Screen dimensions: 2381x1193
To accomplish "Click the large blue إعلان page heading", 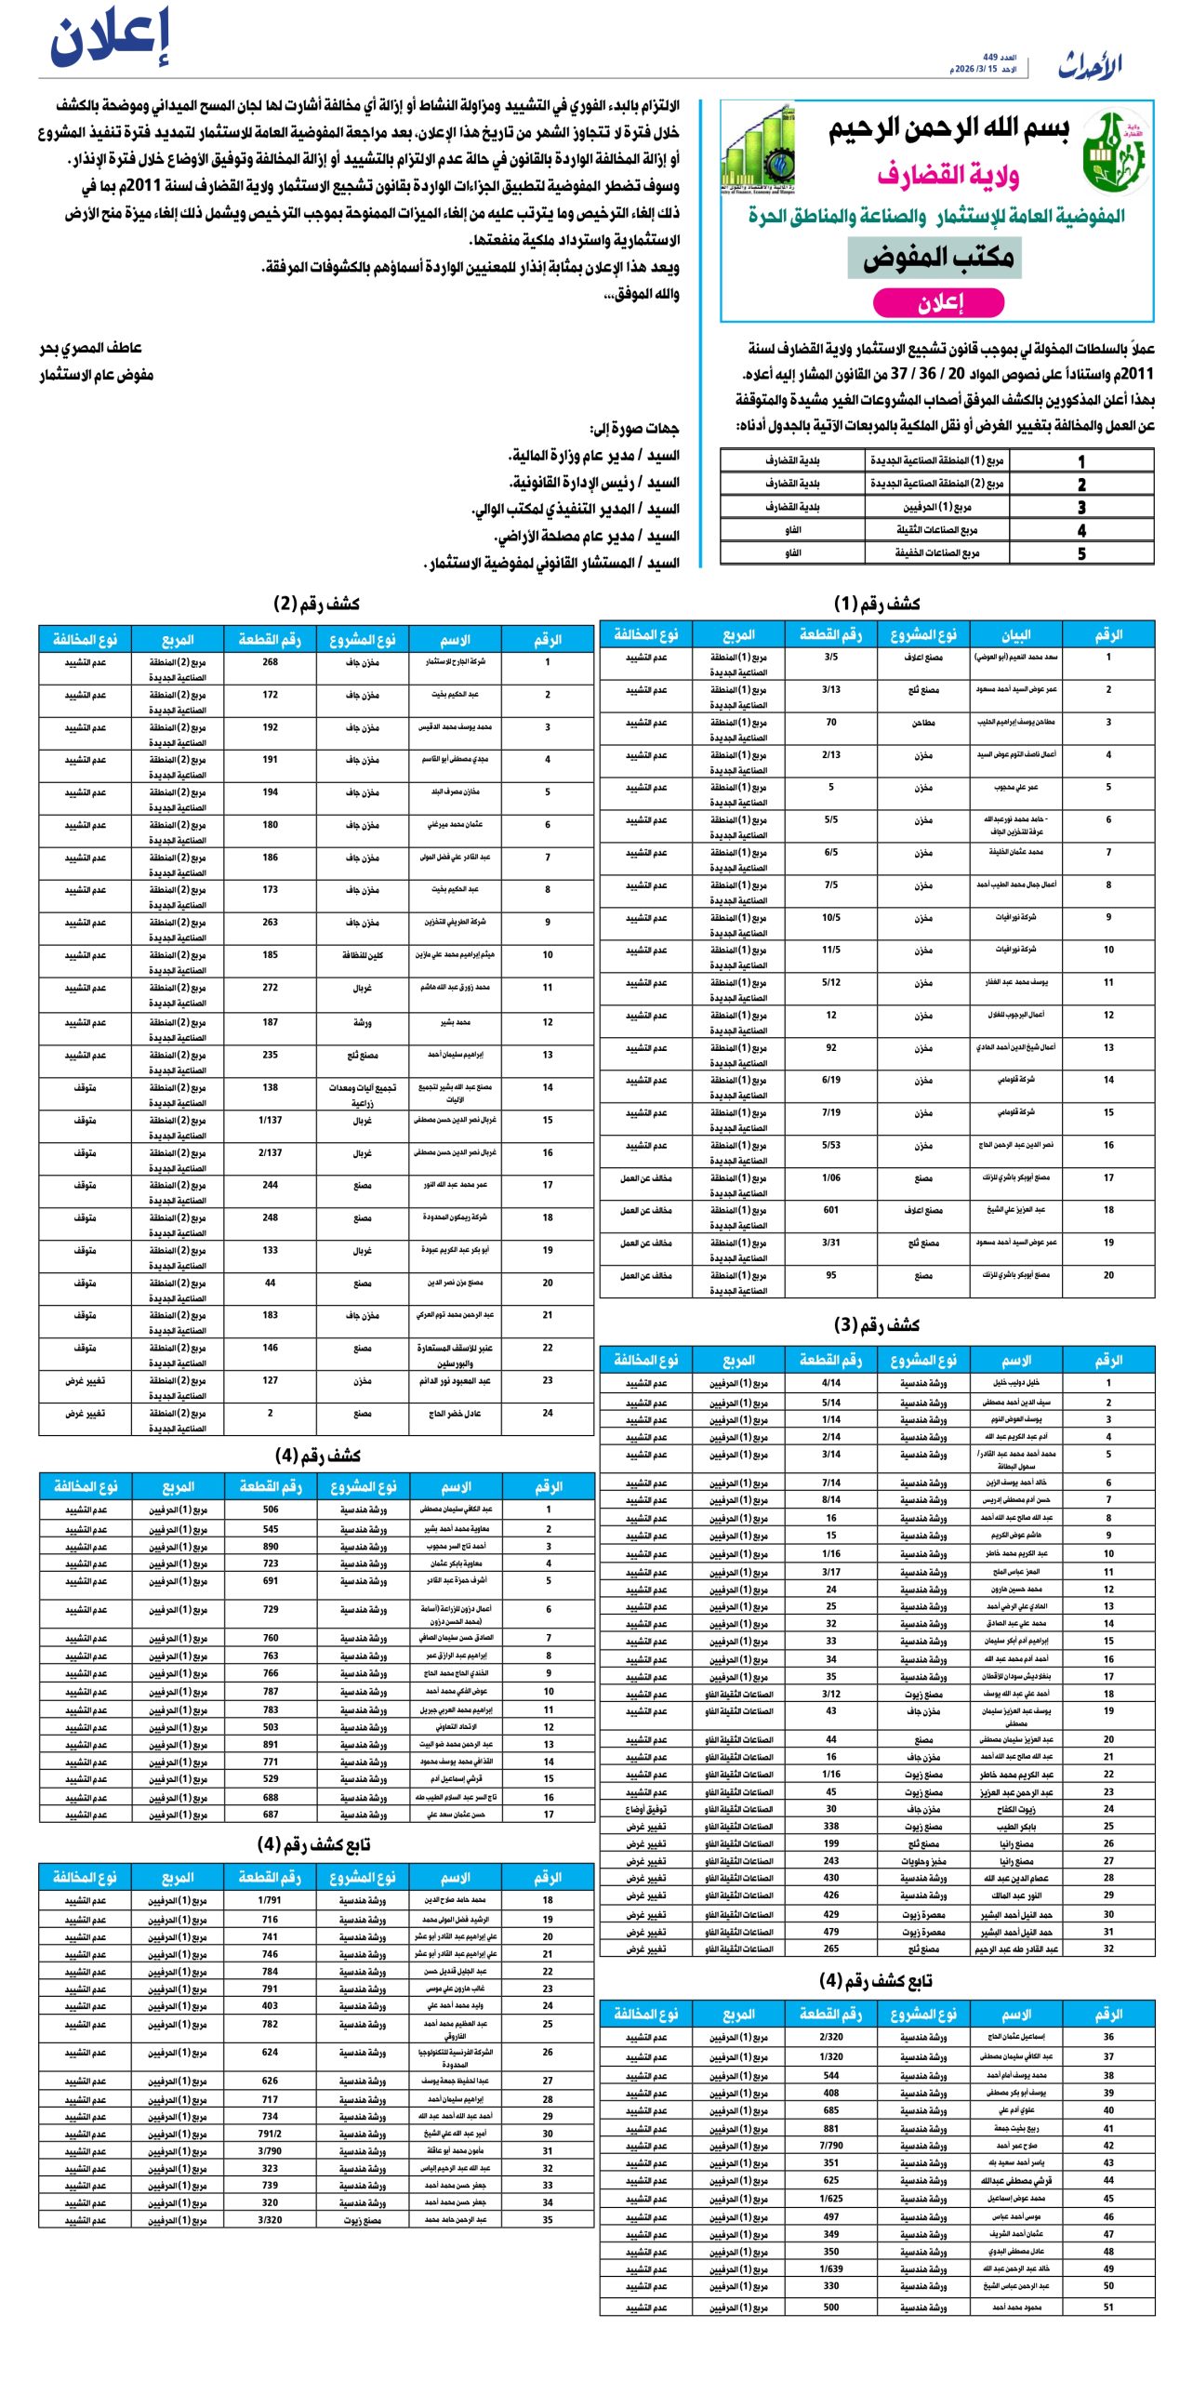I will (x=110, y=39).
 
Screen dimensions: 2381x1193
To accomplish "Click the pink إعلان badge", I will (x=939, y=302).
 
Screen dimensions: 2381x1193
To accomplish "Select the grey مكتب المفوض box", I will (x=935, y=258).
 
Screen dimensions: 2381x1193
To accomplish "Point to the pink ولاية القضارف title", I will (x=948, y=174).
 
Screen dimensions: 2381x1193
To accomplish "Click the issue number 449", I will (x=991, y=58).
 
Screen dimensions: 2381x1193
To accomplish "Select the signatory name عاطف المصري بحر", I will (x=90, y=348).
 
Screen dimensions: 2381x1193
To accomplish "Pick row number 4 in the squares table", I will (x=1081, y=530).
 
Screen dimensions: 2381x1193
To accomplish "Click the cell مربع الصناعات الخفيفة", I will (x=936, y=553).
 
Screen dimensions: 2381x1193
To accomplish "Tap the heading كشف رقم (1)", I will (x=876, y=604).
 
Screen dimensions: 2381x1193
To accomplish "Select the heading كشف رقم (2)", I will (x=316, y=604).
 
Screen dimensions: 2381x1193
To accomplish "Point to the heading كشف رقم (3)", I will (x=876, y=1324).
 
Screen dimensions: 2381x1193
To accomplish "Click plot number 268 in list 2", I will (x=270, y=662).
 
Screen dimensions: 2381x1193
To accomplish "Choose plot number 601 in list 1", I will (x=830, y=1210).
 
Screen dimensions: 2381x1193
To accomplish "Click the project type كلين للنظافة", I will (x=362, y=955).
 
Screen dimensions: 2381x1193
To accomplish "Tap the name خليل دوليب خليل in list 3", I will (x=1015, y=1383).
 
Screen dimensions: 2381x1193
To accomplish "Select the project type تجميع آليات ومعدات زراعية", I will (x=362, y=1094).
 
